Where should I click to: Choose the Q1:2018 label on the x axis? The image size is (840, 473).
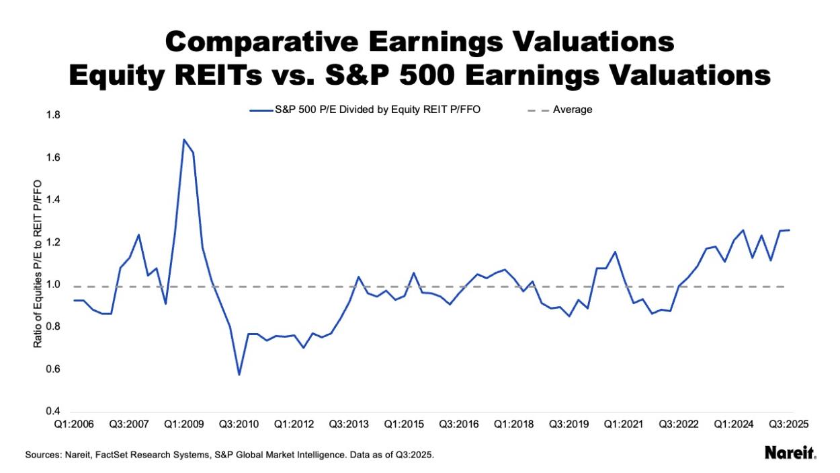(514, 425)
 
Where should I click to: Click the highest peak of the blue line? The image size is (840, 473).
(183, 139)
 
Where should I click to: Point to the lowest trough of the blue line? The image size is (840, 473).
(239, 375)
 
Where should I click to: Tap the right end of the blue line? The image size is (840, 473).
(790, 230)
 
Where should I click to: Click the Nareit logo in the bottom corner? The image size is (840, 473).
(790, 454)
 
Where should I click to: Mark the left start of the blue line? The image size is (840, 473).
(75, 300)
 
